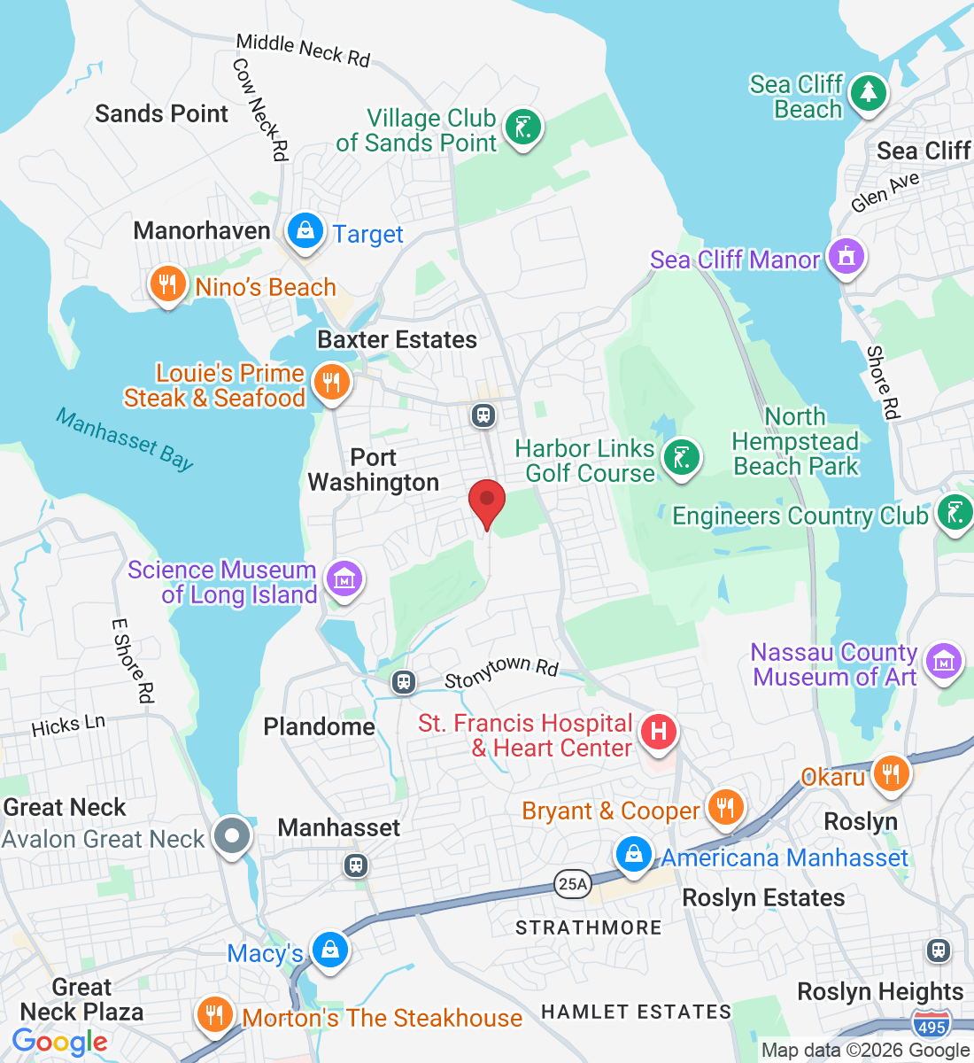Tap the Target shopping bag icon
click(x=305, y=232)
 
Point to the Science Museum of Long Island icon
click(x=344, y=579)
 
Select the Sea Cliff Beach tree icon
click(x=868, y=93)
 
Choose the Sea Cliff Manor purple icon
click(x=846, y=258)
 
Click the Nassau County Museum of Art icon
click(x=944, y=662)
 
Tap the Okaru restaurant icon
click(x=891, y=773)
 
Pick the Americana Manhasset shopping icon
click(x=634, y=855)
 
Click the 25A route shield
click(x=573, y=883)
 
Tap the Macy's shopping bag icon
click(x=330, y=950)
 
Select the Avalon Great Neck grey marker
click(x=233, y=835)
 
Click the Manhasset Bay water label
click(x=125, y=438)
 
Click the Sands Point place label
click(x=161, y=113)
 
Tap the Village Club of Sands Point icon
click(x=522, y=128)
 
